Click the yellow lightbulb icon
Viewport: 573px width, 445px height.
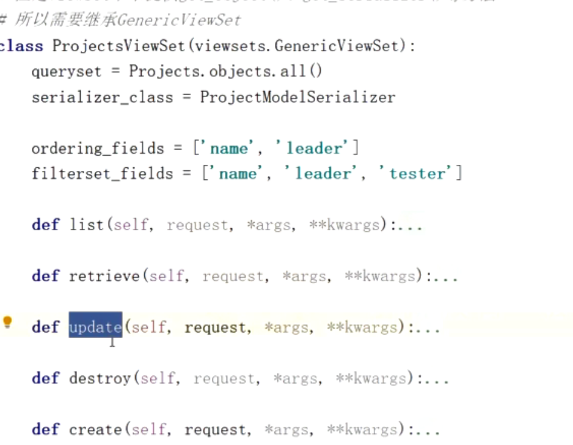pos(7,322)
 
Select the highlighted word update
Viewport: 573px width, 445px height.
pos(95,327)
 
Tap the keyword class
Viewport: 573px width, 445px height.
pos(22,46)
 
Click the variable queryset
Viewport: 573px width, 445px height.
pos(67,71)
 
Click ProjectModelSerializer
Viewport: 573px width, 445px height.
pos(297,97)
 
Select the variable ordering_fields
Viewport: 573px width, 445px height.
pos(98,148)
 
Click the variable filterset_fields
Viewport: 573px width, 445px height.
pos(102,174)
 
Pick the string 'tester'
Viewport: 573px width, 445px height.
pos(418,174)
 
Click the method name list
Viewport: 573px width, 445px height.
pos(86,225)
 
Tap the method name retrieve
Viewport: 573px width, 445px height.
pos(104,277)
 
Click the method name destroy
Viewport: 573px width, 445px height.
pos(100,378)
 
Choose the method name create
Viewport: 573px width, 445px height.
pos(95,430)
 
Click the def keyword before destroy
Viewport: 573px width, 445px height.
pos(45,378)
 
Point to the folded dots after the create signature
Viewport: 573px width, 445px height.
pos(428,430)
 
